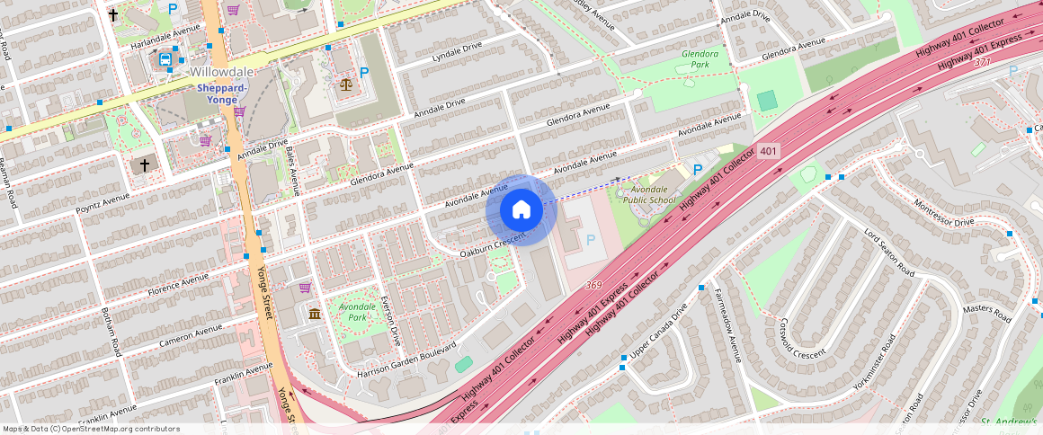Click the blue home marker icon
(x=521, y=210)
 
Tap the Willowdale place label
(x=222, y=72)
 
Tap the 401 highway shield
(x=767, y=151)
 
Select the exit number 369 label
(x=593, y=285)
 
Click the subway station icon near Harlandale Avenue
(x=165, y=60)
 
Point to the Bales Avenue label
(x=294, y=171)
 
